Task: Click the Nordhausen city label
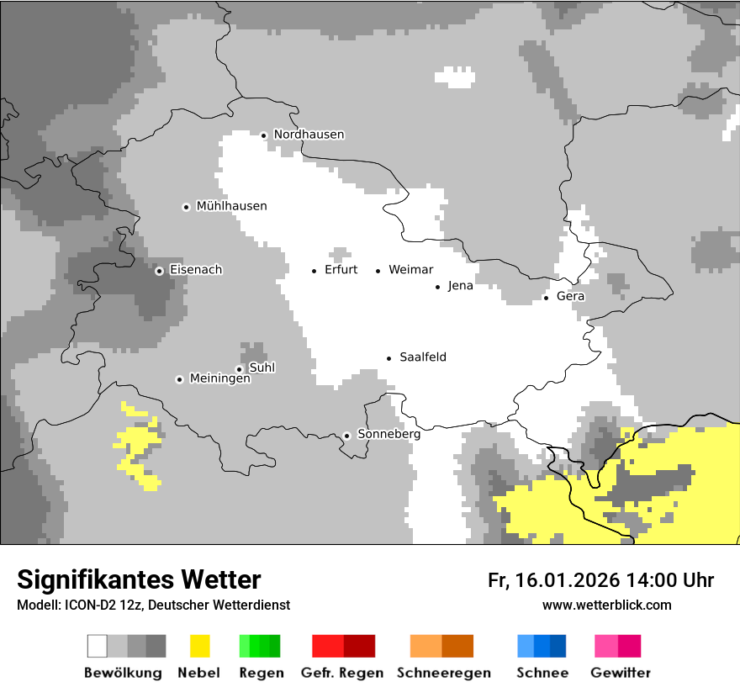[309, 135]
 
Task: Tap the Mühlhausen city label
[231, 206]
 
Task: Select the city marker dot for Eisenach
[159, 271]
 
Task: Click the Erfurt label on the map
[341, 270]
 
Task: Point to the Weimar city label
[410, 270]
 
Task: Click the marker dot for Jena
[437, 287]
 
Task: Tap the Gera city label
[570, 296]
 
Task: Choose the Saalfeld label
[423, 357]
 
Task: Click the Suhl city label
[262, 368]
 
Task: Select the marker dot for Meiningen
[179, 379]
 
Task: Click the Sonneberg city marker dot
[346, 436]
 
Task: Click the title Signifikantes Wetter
[139, 579]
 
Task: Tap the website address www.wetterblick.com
[606, 605]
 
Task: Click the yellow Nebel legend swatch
[199, 646]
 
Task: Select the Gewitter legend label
[621, 673]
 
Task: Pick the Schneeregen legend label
[444, 673]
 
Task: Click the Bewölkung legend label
[123, 673]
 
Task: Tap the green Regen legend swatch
[260, 646]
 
